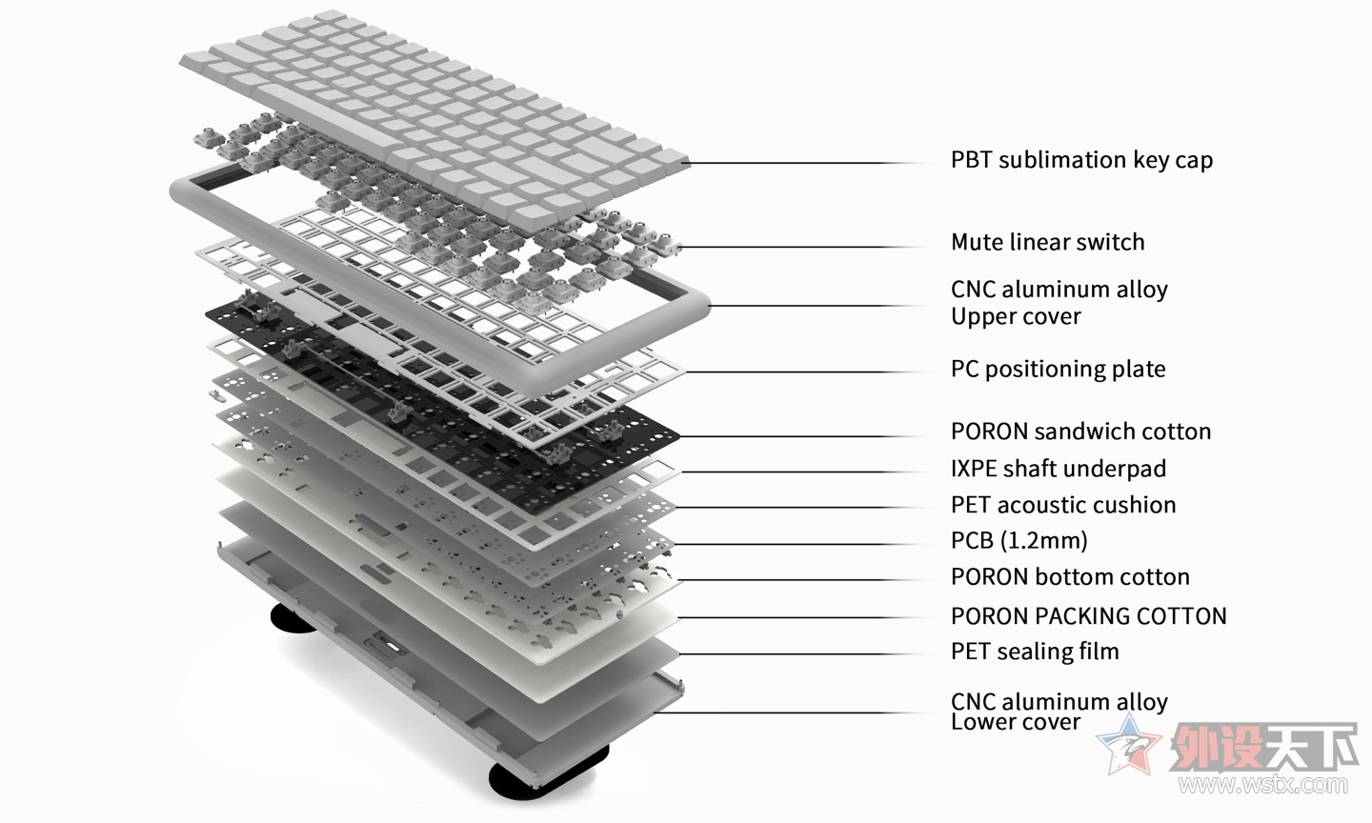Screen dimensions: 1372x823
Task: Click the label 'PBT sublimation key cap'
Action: point(1081,160)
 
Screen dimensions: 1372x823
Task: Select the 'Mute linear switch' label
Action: point(1047,242)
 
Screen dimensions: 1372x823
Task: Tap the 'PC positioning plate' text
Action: point(1058,370)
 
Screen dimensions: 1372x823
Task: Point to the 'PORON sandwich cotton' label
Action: point(1080,432)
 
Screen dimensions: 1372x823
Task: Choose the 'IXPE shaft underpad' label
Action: point(1058,469)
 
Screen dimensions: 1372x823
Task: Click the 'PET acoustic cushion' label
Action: point(1063,505)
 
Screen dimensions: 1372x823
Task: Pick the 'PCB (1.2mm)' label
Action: point(1019,541)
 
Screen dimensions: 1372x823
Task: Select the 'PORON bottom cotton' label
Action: point(1070,577)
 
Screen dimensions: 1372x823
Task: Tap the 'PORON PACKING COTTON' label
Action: point(1088,616)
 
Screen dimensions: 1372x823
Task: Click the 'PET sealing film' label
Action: point(1035,652)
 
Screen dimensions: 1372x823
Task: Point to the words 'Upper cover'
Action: point(1016,316)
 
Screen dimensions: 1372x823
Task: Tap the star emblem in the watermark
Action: point(1129,745)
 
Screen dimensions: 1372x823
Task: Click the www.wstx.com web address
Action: point(1263,785)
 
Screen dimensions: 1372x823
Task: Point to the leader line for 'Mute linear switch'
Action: point(803,248)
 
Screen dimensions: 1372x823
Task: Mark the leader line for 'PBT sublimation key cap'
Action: point(809,163)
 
